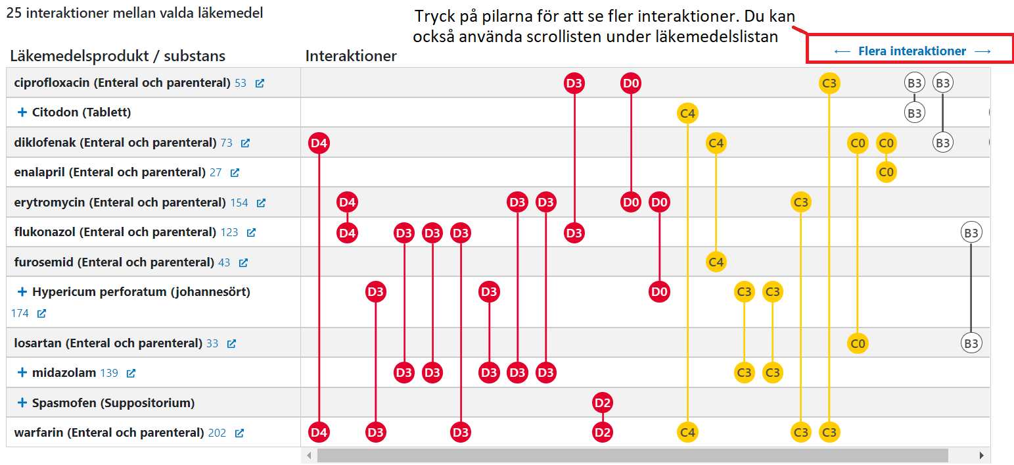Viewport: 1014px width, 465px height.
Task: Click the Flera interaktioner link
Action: (912, 51)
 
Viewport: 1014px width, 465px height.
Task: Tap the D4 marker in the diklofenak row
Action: (319, 143)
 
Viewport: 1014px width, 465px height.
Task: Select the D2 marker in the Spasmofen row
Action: (603, 403)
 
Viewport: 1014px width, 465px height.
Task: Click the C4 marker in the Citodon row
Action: (687, 113)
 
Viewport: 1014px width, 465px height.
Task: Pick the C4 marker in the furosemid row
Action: (716, 262)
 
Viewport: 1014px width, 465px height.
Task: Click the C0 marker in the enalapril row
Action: (886, 172)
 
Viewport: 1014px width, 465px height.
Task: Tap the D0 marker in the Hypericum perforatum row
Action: (659, 291)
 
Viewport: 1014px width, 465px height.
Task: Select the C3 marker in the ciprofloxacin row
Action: (829, 84)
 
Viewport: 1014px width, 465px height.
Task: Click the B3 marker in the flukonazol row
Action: (971, 233)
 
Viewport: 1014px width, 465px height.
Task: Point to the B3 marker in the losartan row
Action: (971, 343)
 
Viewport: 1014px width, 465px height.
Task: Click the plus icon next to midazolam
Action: (22, 373)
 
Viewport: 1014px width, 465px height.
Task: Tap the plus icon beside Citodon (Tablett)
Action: (22, 112)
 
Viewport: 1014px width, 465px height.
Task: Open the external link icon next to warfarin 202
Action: (239, 433)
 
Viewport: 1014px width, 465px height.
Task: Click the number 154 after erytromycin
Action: (239, 203)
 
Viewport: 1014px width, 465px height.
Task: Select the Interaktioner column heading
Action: (351, 56)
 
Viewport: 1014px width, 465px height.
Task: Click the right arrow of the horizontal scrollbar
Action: (982, 455)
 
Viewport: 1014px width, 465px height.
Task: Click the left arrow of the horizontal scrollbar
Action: (309, 455)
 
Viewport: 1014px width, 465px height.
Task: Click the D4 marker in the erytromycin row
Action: (347, 203)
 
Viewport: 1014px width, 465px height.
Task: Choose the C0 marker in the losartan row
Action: (858, 343)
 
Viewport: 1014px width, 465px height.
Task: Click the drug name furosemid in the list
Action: (44, 262)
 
